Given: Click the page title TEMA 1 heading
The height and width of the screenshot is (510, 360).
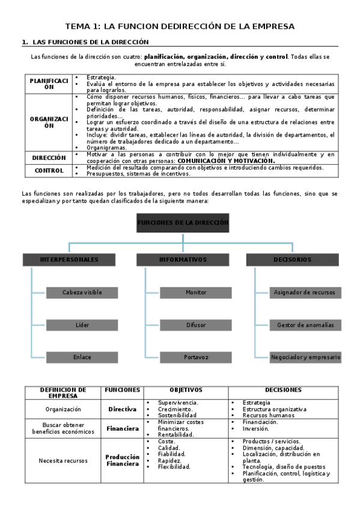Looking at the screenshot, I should click(180, 26).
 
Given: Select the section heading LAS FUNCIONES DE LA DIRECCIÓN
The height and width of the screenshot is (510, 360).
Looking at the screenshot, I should click(89, 42).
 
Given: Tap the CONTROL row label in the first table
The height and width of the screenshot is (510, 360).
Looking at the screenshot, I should click(48, 170).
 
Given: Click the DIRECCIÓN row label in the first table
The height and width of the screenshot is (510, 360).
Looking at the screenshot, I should click(48, 158).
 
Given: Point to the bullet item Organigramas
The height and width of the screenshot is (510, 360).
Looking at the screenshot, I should click(106, 147).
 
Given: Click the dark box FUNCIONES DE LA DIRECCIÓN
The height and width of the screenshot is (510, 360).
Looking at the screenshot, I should click(183, 223).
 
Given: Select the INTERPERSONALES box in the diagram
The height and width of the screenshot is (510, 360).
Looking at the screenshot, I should click(69, 260).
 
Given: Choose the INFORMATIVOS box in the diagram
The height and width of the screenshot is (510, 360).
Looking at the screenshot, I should click(183, 260).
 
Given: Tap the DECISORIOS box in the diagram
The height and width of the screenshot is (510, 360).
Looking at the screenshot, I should click(293, 260).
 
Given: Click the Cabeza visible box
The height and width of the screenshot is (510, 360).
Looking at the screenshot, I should click(82, 292).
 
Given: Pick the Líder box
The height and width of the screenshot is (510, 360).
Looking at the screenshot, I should click(82, 325).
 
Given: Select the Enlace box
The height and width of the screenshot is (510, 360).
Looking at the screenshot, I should click(82, 357).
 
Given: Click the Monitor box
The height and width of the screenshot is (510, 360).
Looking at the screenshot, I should click(196, 292).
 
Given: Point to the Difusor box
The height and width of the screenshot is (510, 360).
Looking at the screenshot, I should click(196, 325).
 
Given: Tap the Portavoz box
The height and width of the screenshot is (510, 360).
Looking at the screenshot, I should click(196, 357).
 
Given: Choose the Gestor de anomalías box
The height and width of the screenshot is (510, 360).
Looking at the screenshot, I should click(305, 325).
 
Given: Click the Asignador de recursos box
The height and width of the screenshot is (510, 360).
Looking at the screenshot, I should click(305, 292).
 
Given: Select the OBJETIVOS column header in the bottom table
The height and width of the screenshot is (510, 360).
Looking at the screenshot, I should click(186, 390).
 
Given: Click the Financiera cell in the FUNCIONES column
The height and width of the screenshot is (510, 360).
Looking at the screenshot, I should click(123, 429).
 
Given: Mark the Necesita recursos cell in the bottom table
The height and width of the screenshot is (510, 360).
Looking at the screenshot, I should click(63, 461).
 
